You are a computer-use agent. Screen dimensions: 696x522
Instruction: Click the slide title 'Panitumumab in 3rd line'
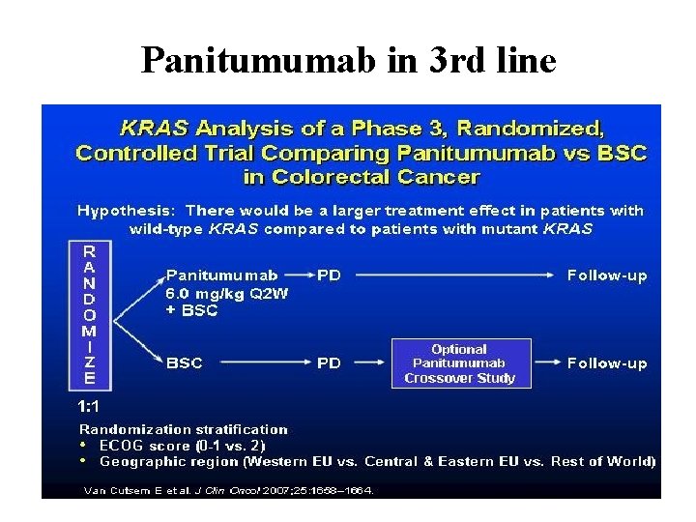(x=348, y=61)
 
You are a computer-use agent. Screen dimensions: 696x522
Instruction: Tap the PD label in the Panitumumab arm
(x=329, y=275)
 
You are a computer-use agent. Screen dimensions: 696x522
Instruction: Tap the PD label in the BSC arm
(x=329, y=363)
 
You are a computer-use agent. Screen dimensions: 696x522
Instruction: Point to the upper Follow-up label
(x=607, y=275)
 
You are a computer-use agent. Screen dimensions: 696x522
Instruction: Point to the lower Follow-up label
(x=607, y=363)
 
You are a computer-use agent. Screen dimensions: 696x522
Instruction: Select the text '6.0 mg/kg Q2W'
(x=227, y=293)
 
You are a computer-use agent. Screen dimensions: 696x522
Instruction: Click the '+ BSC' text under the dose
(x=192, y=310)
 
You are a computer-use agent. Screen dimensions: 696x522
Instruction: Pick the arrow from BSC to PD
(x=261, y=363)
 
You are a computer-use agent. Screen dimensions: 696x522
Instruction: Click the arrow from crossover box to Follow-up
(x=547, y=363)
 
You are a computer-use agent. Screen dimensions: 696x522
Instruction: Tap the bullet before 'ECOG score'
(x=85, y=446)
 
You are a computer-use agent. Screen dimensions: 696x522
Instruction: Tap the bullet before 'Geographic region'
(x=85, y=461)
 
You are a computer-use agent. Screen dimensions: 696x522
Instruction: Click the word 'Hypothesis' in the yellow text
(x=126, y=210)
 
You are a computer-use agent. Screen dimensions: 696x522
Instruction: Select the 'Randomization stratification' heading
(x=184, y=429)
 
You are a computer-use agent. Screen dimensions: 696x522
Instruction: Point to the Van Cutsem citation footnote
(x=228, y=490)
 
